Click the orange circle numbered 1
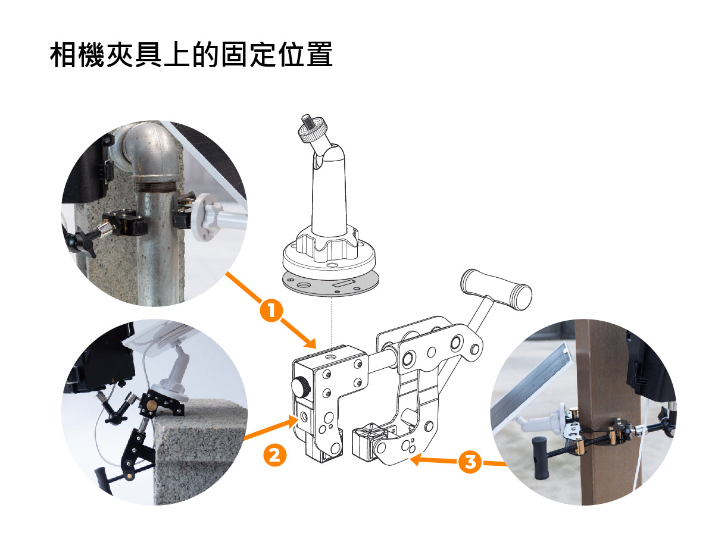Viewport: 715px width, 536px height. click(271, 310)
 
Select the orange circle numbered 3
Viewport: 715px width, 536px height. click(470, 462)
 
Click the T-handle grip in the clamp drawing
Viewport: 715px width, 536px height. click(496, 289)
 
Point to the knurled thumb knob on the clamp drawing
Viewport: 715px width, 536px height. click(300, 385)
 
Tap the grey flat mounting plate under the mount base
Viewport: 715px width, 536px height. click(330, 283)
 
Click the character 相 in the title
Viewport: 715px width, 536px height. click(64, 54)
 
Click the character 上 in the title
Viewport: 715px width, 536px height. click(177, 54)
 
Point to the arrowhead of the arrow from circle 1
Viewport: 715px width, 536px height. click(310, 342)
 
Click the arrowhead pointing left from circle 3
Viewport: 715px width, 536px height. click(416, 460)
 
